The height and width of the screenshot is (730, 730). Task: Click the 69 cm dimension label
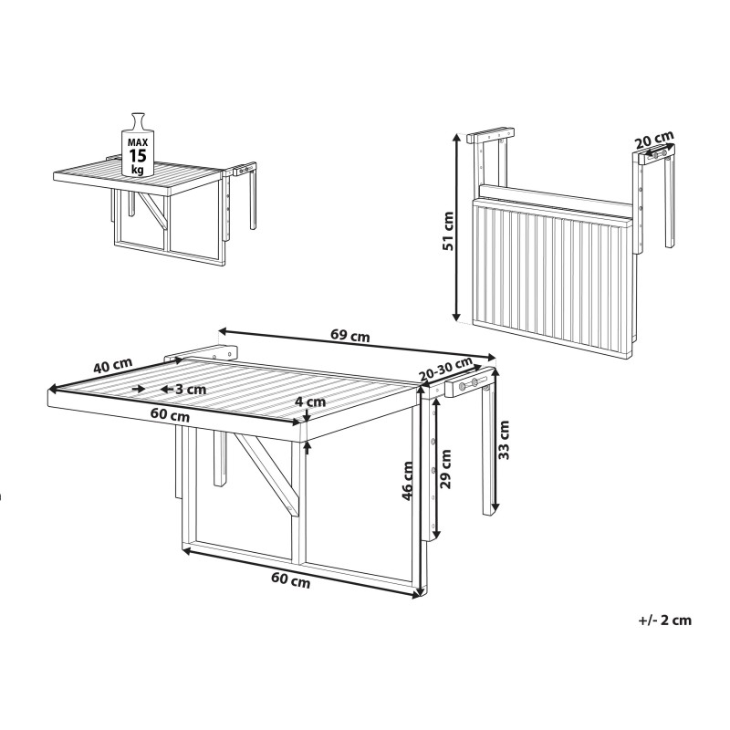[x=350, y=335]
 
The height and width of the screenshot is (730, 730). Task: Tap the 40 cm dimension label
[x=112, y=364]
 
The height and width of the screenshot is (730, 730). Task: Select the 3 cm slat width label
[x=190, y=389]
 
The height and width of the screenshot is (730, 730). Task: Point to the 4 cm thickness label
[x=310, y=401]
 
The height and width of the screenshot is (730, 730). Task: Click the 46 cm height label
[x=407, y=481]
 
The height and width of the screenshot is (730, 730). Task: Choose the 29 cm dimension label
[x=445, y=468]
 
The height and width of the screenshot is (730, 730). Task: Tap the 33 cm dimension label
[x=504, y=440]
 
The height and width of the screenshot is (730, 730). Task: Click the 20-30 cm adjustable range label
[x=445, y=369]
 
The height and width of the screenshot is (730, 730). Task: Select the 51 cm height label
[x=448, y=231]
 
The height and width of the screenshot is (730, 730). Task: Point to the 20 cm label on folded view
[x=654, y=140]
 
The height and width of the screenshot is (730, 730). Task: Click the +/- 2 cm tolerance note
[x=665, y=620]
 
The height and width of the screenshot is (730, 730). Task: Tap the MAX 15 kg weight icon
[x=137, y=144]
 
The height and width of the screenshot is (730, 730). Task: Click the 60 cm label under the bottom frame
[x=290, y=580]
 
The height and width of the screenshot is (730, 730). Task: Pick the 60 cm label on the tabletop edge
[x=171, y=414]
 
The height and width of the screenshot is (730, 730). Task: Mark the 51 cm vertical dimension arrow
[x=457, y=226]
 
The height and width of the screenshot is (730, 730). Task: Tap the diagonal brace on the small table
[x=154, y=211]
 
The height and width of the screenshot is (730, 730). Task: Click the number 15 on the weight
[x=138, y=155]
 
